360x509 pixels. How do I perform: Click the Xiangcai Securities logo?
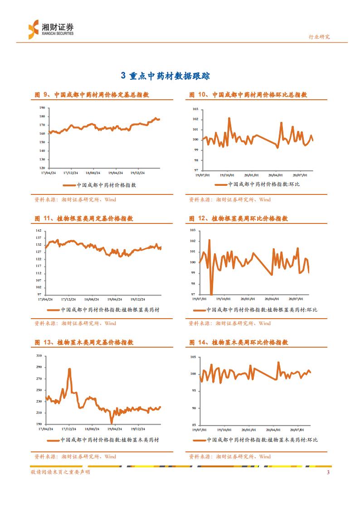tap(50, 29)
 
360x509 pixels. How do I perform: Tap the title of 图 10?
tap(248, 95)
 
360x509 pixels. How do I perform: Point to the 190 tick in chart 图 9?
tap(42, 108)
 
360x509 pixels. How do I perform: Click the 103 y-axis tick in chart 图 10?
tap(196, 109)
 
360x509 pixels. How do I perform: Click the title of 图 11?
tap(84, 218)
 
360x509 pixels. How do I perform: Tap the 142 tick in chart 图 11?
tap(39, 231)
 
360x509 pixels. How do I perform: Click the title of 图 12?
tap(238, 218)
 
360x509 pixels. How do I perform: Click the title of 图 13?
tap(84, 343)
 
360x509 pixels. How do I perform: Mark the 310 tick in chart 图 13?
tap(39, 355)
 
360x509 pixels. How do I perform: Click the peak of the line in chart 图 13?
tap(69, 369)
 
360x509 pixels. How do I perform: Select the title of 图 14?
tap(238, 343)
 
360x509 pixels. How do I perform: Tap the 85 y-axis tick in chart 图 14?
tap(193, 425)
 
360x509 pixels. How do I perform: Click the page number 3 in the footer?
tap(328, 473)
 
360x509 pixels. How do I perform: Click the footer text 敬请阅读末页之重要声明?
tap(60, 473)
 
